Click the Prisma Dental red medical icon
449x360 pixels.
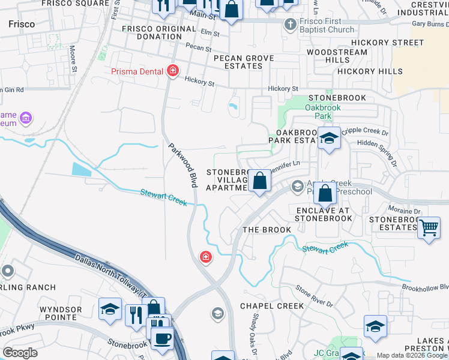(x=173, y=71)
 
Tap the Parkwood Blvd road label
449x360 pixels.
(x=182, y=165)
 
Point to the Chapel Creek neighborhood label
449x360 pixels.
(x=272, y=306)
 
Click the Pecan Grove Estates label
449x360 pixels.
(x=244, y=62)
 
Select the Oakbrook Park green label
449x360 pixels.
(x=322, y=112)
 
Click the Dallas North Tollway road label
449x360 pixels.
(x=108, y=275)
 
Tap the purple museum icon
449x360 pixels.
(x=26, y=118)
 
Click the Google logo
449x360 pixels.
(x=20, y=352)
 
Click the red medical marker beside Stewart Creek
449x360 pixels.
(x=205, y=257)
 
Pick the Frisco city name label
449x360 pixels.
(x=22, y=25)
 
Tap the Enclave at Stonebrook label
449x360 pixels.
(x=324, y=214)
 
